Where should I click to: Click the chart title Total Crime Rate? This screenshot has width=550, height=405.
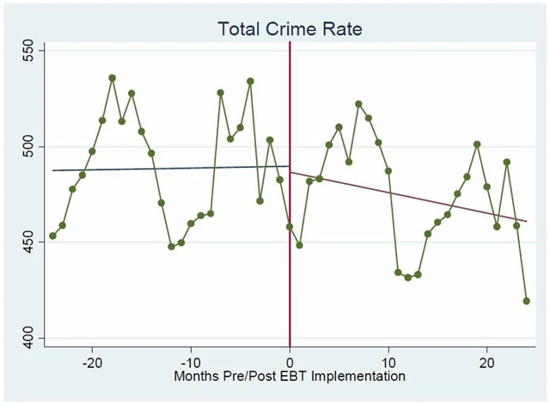290,28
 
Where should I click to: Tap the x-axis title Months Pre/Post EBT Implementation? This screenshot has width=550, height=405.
290,376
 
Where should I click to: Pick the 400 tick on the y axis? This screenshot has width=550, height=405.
27,337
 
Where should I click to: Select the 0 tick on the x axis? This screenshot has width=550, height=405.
290,361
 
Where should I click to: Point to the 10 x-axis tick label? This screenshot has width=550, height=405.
388,361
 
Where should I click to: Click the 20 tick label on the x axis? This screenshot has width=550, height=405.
486,361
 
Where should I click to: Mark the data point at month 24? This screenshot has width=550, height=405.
526,301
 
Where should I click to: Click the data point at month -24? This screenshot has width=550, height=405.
52,236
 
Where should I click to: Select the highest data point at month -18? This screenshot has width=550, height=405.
112,77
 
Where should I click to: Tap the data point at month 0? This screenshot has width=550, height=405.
290,227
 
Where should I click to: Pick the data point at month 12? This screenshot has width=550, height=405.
408,277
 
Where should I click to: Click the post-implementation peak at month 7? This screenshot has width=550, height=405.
358,104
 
